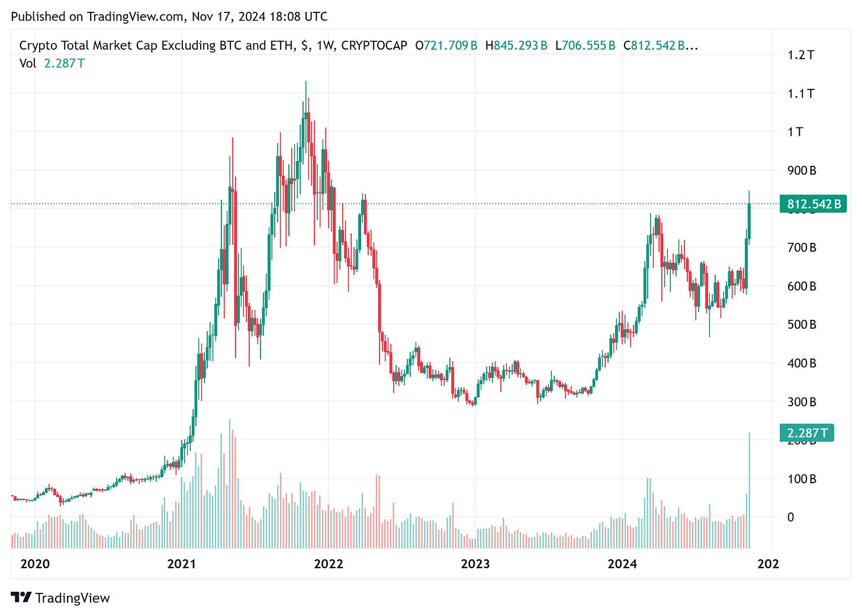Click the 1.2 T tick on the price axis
(x=800, y=55)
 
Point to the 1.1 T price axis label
(x=800, y=94)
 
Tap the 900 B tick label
(x=802, y=171)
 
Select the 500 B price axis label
(x=802, y=325)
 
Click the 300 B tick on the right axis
(x=802, y=402)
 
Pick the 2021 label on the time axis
(x=181, y=564)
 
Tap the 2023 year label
(x=475, y=564)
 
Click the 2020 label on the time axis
(x=35, y=564)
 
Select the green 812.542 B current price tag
(x=813, y=204)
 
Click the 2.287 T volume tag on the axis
(x=806, y=433)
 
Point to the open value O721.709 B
(x=446, y=46)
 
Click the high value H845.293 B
(x=516, y=46)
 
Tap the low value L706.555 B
(x=586, y=46)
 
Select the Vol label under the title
(x=28, y=63)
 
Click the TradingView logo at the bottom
(x=60, y=598)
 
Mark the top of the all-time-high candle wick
(x=305, y=82)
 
